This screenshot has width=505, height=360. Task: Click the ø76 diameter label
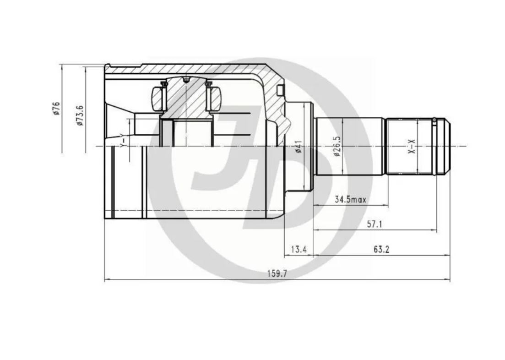click(56, 108)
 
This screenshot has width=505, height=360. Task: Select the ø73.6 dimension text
click(79, 115)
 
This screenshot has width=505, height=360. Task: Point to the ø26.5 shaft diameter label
click(337, 146)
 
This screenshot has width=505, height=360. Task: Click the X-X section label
click(412, 146)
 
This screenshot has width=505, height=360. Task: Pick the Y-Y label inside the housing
click(122, 140)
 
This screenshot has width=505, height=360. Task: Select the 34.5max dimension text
click(350, 199)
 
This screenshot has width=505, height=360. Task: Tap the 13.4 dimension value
click(299, 250)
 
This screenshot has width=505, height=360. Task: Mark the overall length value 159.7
click(277, 274)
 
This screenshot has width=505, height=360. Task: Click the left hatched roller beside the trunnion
click(158, 98)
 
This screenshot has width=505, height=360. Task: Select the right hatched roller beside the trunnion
click(214, 98)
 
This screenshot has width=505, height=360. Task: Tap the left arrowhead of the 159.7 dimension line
click(107, 280)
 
